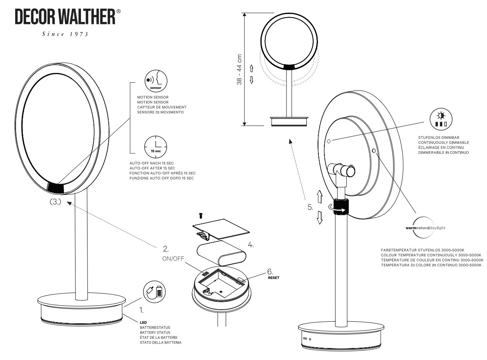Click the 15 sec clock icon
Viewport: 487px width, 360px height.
point(156,146)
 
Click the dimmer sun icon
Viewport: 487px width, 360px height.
point(440,119)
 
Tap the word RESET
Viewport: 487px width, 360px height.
point(274,277)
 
